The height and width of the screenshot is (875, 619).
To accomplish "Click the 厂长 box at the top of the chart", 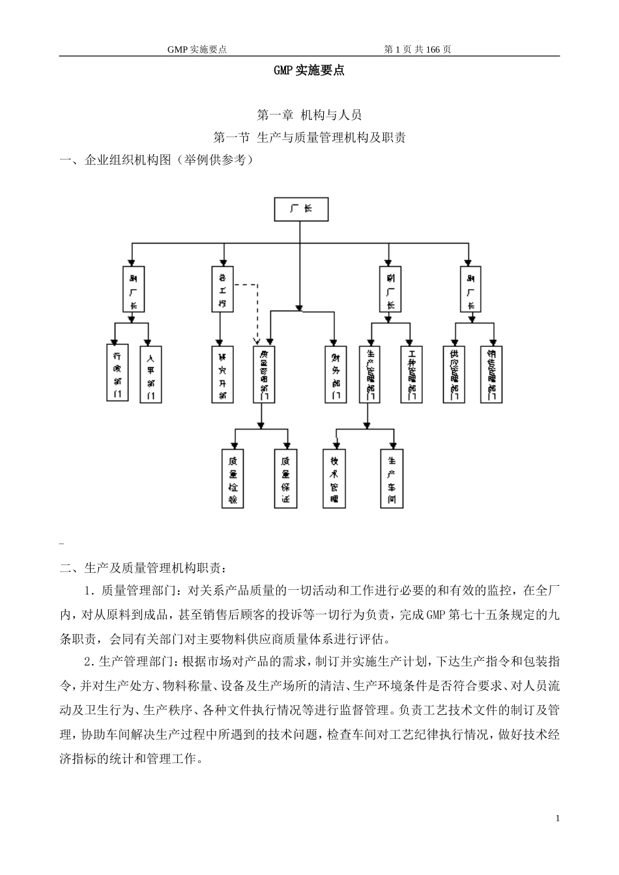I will click(x=300, y=210).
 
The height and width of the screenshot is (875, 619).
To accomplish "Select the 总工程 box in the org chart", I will click(x=222, y=288).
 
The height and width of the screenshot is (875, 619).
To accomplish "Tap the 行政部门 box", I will click(x=117, y=373).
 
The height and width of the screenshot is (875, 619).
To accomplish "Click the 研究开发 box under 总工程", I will click(x=222, y=373).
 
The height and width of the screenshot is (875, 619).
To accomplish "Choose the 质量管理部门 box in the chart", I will click(x=264, y=373).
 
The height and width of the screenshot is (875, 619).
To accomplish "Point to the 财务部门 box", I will click(x=335, y=373).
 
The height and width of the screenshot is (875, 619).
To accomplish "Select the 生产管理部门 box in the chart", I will click(x=370, y=373).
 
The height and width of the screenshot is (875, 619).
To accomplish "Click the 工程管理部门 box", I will click(x=411, y=373).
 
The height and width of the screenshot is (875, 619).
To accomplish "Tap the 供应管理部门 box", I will click(x=453, y=373).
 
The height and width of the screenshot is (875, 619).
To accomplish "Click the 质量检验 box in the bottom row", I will click(x=233, y=479).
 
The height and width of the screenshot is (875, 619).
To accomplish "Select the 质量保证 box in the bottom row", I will click(x=285, y=479).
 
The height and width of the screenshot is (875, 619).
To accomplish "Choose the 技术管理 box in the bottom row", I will click(x=334, y=479).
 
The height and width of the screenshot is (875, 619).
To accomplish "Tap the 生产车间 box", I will click(x=392, y=479).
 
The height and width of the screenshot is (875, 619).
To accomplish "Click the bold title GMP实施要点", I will click(x=309, y=71).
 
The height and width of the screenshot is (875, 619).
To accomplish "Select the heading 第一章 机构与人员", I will click(x=309, y=115).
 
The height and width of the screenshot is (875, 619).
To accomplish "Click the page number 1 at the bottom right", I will click(x=558, y=818).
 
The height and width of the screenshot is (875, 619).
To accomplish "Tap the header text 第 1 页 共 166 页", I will click(x=418, y=49).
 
